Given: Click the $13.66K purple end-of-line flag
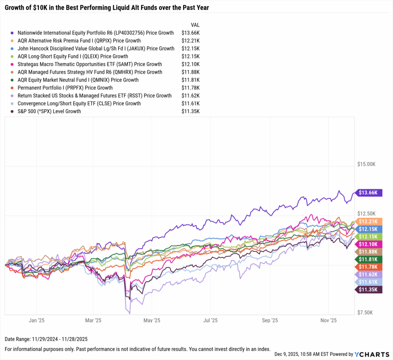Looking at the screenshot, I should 369,192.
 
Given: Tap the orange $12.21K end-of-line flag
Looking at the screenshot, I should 369,221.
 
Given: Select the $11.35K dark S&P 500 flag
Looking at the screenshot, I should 369,289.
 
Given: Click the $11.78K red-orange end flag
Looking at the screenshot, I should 369,266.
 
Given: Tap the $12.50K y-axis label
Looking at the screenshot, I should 365,214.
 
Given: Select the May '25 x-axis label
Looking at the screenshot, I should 152,320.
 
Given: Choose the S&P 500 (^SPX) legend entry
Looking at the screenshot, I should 49,111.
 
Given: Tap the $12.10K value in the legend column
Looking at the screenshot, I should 190,64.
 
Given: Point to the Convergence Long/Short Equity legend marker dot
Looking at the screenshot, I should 13,104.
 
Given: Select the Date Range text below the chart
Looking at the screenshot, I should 41,339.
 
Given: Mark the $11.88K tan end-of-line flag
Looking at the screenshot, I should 369,252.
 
